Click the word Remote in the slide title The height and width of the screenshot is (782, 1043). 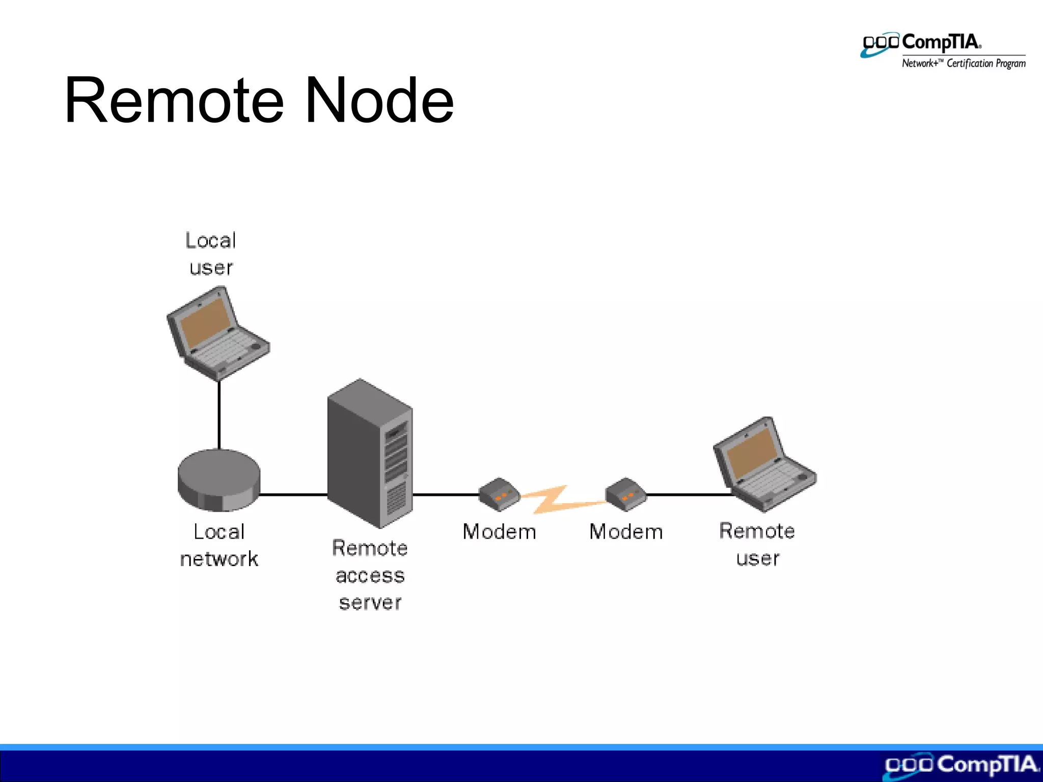(x=174, y=100)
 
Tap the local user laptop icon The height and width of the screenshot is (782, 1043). (x=217, y=333)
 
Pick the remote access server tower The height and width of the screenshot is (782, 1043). (x=370, y=453)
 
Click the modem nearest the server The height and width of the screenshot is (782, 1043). (x=499, y=494)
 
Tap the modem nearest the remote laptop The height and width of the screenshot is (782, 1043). (x=626, y=494)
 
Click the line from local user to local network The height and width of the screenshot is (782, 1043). (x=219, y=415)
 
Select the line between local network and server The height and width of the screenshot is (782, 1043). (x=293, y=494)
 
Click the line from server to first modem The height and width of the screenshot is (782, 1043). (x=445, y=494)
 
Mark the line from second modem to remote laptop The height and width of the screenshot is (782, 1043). (x=688, y=494)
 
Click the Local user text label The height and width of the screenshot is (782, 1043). (x=211, y=254)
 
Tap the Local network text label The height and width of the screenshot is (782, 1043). (x=219, y=545)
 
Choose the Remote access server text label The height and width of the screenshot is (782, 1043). (x=370, y=575)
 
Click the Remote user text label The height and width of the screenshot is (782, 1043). (x=757, y=544)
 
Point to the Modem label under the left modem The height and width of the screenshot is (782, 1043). (x=499, y=532)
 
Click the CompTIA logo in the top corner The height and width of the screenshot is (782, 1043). (x=942, y=50)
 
